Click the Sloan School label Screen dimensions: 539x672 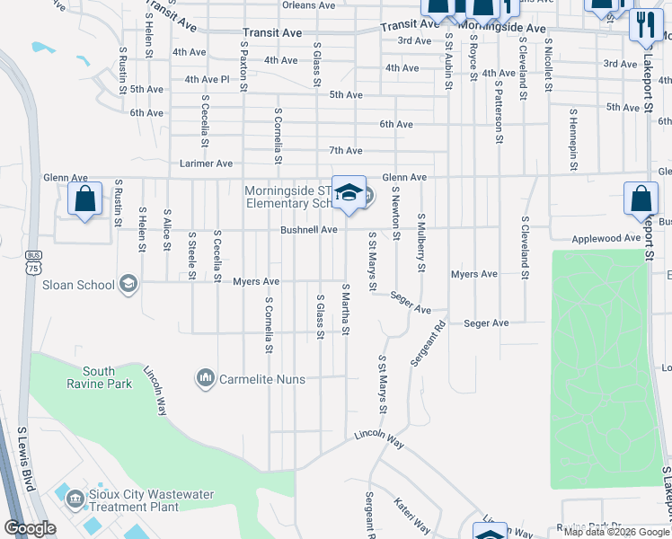(x=78, y=286)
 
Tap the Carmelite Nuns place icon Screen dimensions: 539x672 (x=206, y=379)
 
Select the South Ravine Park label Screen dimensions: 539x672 (x=107, y=377)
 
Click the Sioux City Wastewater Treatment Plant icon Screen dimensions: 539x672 (x=75, y=495)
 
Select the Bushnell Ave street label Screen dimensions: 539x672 (x=308, y=230)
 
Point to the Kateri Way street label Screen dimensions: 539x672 (x=412, y=518)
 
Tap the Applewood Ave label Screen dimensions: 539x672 (x=607, y=239)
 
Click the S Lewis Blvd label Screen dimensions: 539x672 (x=25, y=457)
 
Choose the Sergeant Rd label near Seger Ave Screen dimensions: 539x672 (x=428, y=344)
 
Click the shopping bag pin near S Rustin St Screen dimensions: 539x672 (x=84, y=199)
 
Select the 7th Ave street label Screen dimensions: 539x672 (x=345, y=150)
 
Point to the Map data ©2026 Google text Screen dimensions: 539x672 (x=616, y=532)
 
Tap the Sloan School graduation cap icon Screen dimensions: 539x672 (x=128, y=285)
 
